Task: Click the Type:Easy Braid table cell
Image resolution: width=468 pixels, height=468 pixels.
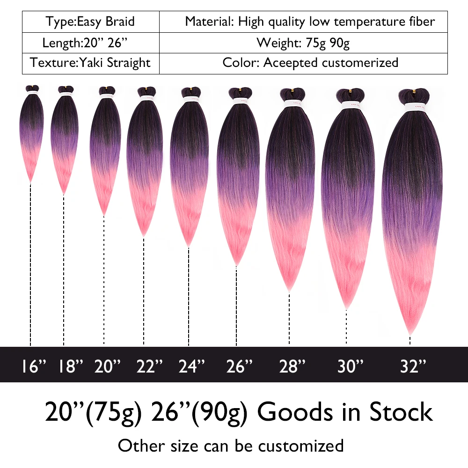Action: [x=90, y=21]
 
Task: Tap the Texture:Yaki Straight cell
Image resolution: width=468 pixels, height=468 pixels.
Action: [x=90, y=63]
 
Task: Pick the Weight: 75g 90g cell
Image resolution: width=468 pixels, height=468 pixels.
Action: [x=303, y=43]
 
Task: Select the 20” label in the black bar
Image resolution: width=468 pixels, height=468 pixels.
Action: [x=108, y=366]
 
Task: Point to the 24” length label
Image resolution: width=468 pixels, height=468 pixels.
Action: [x=192, y=366]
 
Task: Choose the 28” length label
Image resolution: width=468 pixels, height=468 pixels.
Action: [x=292, y=366]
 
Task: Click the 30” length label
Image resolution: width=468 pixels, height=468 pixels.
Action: [x=351, y=366]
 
